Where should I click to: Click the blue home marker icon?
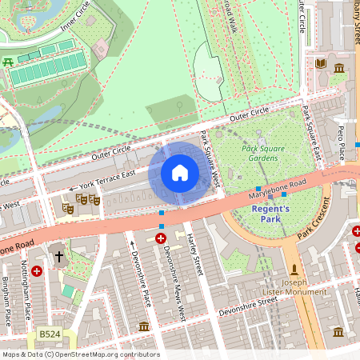[180, 173]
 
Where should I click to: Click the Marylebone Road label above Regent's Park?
[278, 189]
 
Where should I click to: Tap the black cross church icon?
[58, 257]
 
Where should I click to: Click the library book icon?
[321, 64]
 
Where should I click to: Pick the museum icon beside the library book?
[339, 68]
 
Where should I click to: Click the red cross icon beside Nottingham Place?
[37, 271]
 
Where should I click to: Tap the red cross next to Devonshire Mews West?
[161, 238]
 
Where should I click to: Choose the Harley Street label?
[195, 254]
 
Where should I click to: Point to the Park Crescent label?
[313, 226]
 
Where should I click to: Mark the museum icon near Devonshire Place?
[144, 326]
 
